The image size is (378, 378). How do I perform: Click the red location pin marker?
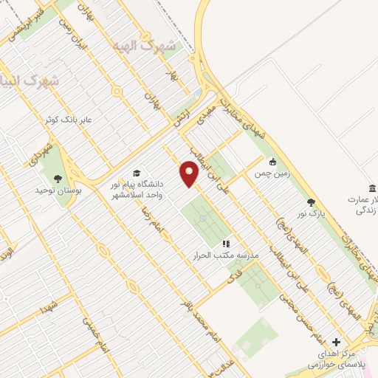pyautogui.click(x=190, y=174)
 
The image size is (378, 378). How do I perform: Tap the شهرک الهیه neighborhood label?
pyautogui.click(x=144, y=47)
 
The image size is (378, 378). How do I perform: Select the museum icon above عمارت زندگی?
pyautogui.click(x=373, y=188)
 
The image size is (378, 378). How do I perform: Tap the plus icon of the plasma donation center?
pyautogui.click(x=337, y=342)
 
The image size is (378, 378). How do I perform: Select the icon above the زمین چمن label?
pyautogui.click(x=274, y=162)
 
